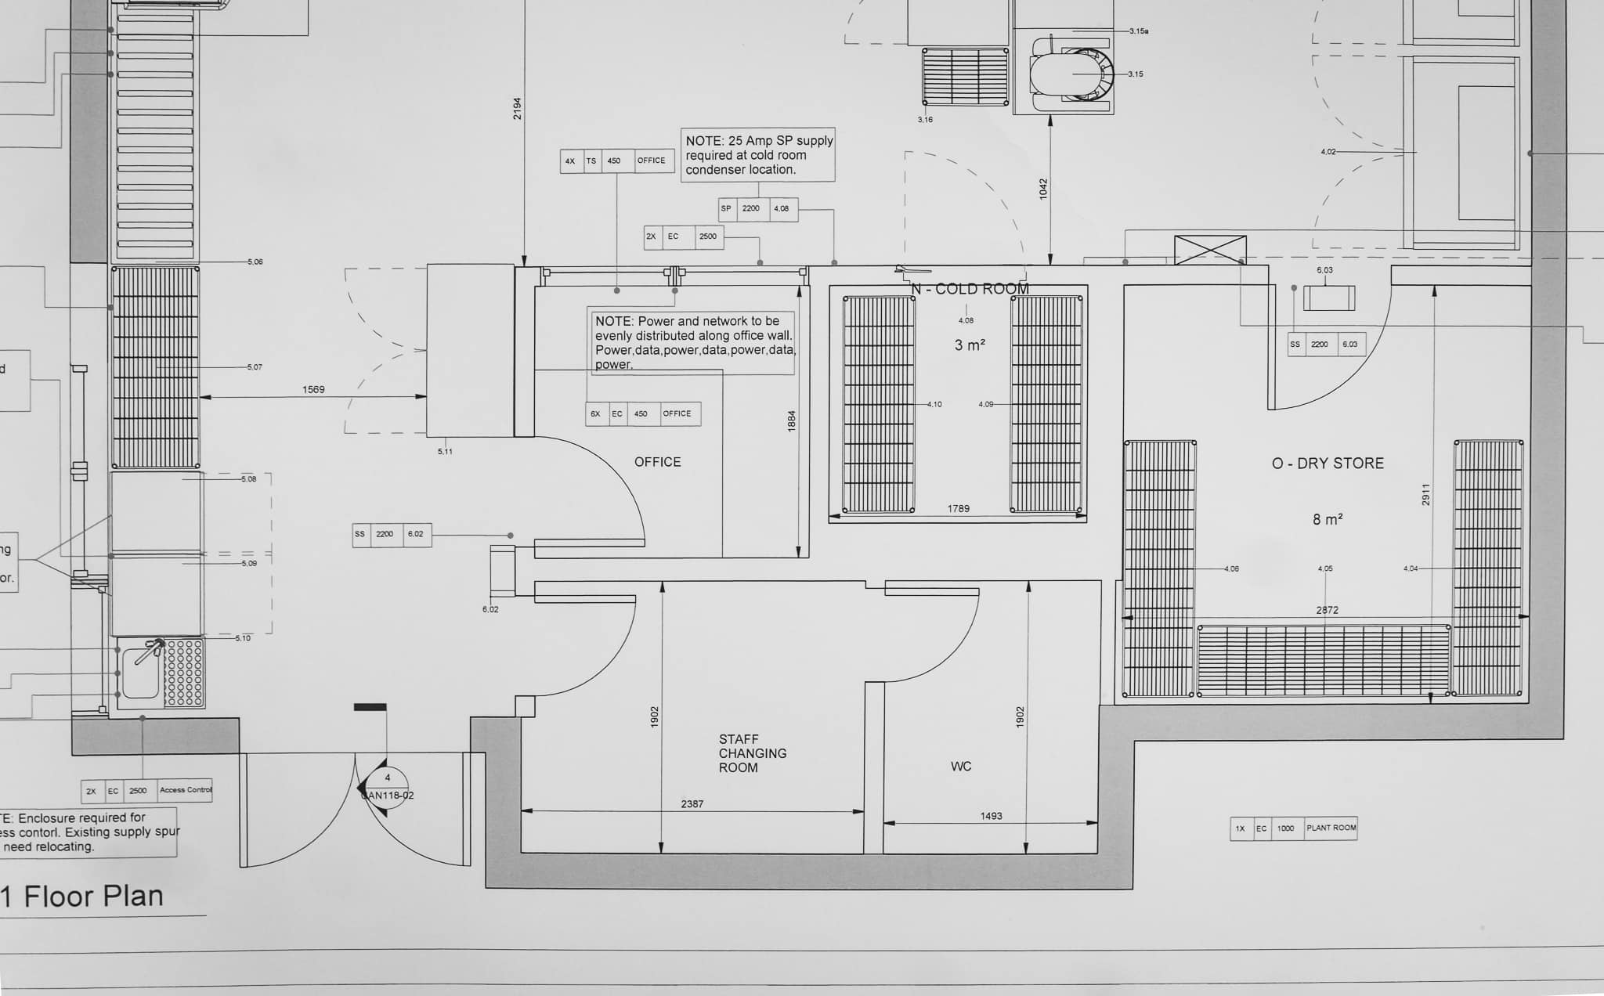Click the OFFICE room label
(657, 462)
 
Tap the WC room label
(961, 767)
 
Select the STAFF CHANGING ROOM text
(752, 753)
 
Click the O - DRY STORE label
(1328, 464)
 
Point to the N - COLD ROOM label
(970, 289)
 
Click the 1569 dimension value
(313, 389)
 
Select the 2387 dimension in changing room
(692, 804)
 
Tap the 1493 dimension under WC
(991, 816)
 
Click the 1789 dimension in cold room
(958, 509)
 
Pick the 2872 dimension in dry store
(1327, 610)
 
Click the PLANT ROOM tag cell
(1331, 828)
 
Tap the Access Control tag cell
(185, 790)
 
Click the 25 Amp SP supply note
(758, 155)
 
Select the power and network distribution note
(693, 342)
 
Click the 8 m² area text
(1328, 519)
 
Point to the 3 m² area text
(969, 345)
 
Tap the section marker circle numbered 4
(387, 778)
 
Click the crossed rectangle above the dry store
(1209, 250)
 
